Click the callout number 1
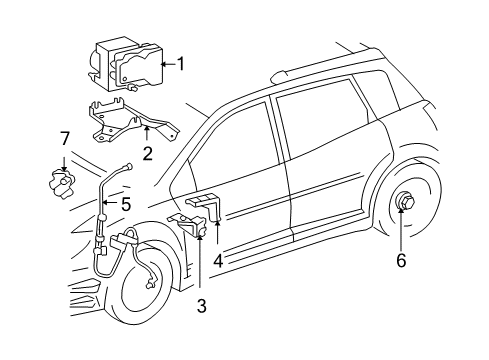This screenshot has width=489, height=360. click(181, 64)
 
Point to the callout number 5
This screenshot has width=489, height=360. click(126, 204)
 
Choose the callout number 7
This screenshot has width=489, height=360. click(64, 136)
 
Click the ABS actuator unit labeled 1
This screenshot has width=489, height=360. click(124, 63)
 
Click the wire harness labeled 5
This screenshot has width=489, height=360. click(104, 240)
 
